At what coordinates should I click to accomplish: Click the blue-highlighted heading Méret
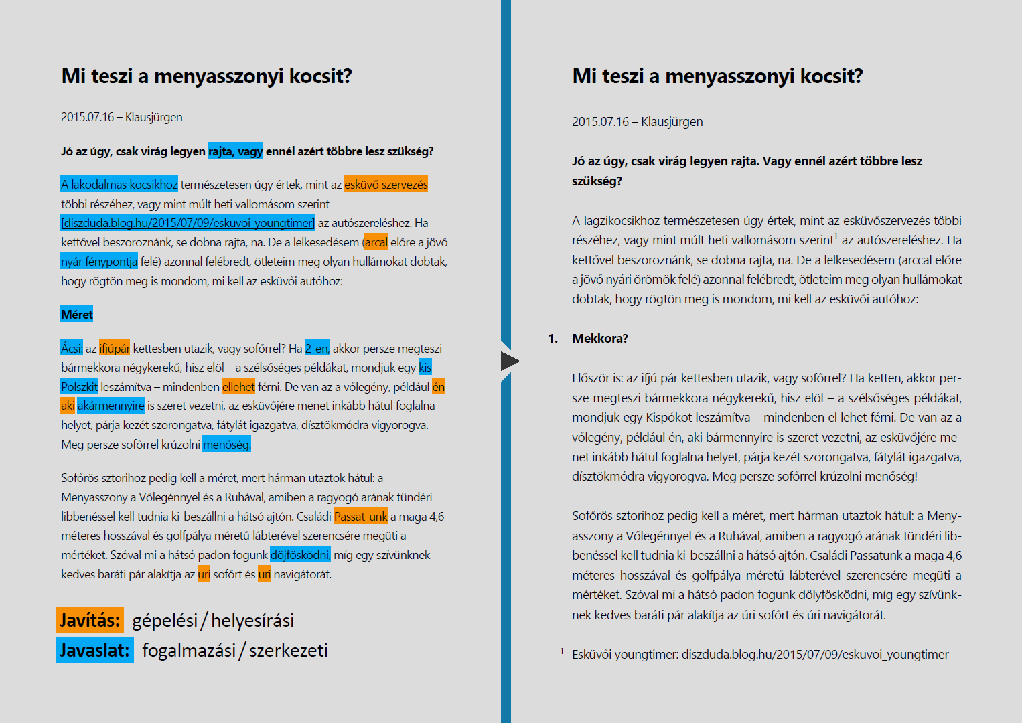click(x=77, y=315)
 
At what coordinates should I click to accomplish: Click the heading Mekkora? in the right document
click(x=599, y=339)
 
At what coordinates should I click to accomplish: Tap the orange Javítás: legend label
click(x=90, y=620)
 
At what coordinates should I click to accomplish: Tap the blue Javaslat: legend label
click(x=94, y=650)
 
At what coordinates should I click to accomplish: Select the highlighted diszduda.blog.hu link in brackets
click(x=188, y=223)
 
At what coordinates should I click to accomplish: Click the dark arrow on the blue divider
click(x=509, y=361)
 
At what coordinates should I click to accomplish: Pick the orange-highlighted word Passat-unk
click(x=360, y=517)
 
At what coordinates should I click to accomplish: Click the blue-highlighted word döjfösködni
click(x=300, y=555)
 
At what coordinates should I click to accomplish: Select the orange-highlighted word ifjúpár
click(x=115, y=349)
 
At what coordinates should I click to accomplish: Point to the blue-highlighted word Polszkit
click(x=79, y=387)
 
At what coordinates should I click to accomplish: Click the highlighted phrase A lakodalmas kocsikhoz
click(x=119, y=185)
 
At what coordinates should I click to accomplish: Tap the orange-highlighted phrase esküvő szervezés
click(x=386, y=185)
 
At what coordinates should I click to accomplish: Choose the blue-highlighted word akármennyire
click(x=111, y=406)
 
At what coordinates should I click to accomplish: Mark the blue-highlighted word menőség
click(x=226, y=445)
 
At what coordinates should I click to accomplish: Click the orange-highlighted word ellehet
click(x=238, y=387)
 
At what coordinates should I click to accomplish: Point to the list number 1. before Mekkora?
click(x=553, y=339)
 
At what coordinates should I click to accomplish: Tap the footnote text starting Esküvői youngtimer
click(x=759, y=655)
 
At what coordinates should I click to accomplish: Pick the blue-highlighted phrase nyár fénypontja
click(x=99, y=262)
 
